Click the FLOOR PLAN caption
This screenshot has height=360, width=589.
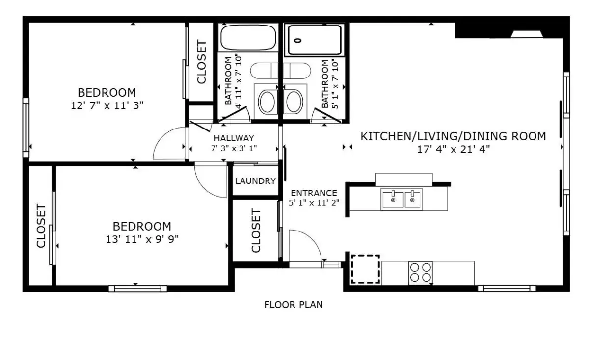click(293, 305)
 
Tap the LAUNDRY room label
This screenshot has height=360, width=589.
click(255, 181)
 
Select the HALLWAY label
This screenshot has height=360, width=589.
click(234, 138)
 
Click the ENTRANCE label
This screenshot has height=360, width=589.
click(314, 193)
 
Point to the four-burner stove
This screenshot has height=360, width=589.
click(421, 273)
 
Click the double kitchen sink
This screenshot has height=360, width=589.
click(402, 200)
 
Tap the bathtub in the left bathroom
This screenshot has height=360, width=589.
click(248, 37)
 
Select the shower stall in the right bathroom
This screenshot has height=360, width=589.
click(315, 40)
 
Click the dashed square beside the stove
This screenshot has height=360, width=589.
click(366, 269)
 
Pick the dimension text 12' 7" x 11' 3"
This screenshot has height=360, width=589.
click(107, 106)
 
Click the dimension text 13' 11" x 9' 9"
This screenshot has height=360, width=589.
click(142, 240)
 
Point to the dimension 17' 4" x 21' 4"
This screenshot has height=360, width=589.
click(454, 150)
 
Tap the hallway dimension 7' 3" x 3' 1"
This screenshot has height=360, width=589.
click(234, 149)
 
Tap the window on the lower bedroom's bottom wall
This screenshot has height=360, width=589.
click(138, 289)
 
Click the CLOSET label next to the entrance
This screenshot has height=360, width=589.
click(256, 231)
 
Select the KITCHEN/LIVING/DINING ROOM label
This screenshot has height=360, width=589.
click(453, 136)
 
